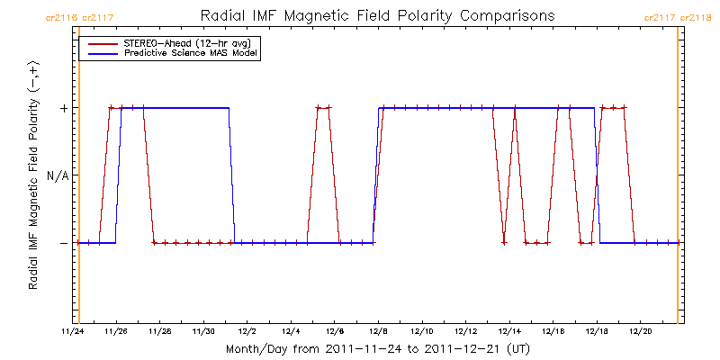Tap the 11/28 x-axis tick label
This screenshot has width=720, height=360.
click(159, 331)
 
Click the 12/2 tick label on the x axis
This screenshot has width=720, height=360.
click(247, 331)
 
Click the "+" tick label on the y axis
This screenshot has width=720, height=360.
click(63, 108)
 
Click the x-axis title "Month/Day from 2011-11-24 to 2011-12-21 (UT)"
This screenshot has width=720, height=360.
click(377, 348)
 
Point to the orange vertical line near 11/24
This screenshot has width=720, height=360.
click(79, 180)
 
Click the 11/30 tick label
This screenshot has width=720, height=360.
click(203, 331)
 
